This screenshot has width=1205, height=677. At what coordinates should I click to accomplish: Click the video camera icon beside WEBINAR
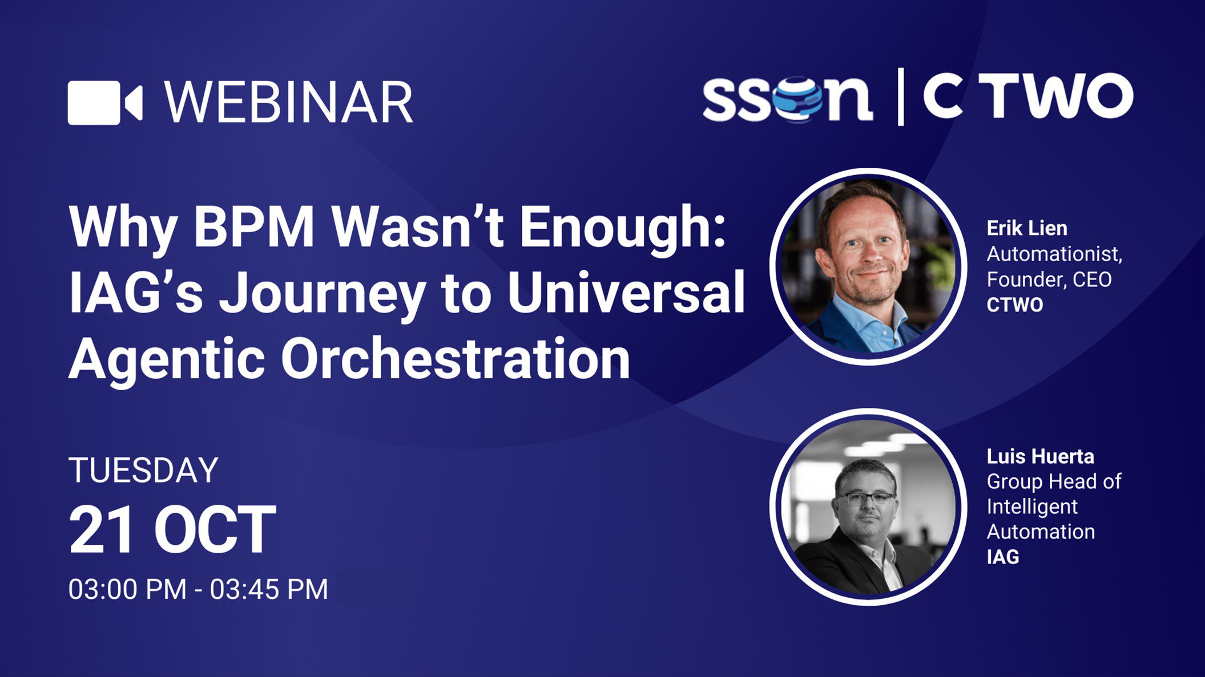click(105, 103)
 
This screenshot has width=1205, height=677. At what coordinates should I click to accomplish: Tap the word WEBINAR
click(289, 102)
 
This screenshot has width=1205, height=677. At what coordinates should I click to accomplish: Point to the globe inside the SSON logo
click(797, 99)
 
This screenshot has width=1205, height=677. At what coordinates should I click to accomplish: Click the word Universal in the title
click(626, 292)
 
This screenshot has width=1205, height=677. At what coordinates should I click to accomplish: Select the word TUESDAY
click(143, 470)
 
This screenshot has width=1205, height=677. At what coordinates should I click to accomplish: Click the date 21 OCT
click(172, 530)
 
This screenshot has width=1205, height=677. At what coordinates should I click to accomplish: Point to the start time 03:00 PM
click(127, 589)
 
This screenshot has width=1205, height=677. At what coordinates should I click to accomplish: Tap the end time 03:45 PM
click(269, 589)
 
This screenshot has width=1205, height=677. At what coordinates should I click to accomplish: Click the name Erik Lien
click(1027, 228)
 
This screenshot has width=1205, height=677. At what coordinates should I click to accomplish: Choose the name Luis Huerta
click(1040, 456)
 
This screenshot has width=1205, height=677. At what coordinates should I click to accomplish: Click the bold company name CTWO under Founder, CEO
click(1015, 305)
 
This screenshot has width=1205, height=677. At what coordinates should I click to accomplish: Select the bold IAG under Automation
click(1003, 557)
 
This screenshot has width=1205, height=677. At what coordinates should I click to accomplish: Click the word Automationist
click(1054, 254)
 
